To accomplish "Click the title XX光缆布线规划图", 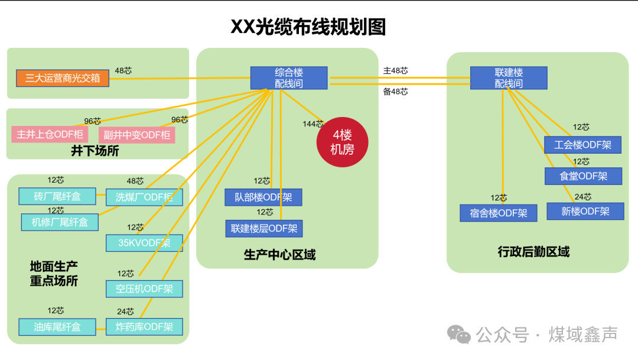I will pos(308,27).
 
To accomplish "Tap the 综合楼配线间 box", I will pos(288,78).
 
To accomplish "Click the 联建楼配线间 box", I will pos(508,78).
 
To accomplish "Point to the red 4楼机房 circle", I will pos(343,142).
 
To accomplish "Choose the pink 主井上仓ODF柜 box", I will pos(50,134).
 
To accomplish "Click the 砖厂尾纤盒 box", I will pos(57,196).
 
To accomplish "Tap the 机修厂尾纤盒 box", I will pos(59,222).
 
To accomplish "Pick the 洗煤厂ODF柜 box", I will pos(144,197).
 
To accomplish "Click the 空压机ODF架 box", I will pos(144,288).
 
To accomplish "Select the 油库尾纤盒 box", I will pos(57,326).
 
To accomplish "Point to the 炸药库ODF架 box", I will pos(144,326).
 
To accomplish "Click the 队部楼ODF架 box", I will pos(263,197).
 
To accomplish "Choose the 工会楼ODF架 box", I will pos(582,145).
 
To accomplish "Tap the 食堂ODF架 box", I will pos(583,176).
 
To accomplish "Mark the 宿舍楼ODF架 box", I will pos(498,213).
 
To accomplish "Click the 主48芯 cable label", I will pos(395,71).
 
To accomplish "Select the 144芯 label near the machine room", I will pos(313,124).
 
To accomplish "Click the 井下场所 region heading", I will pos(95,151).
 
